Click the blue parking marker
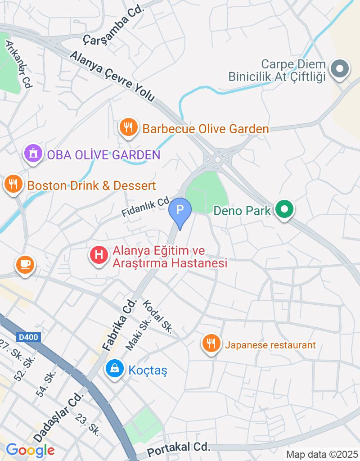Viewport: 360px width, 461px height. (x=180, y=210)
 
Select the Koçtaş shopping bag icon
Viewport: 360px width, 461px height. (x=115, y=369)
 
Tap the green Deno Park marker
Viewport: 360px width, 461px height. (x=284, y=209)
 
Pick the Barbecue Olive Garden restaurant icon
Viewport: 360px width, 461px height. (x=129, y=128)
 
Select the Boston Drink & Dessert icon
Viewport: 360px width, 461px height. (x=14, y=184)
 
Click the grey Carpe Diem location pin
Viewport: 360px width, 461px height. (x=340, y=69)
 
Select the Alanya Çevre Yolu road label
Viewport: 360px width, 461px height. (x=112, y=77)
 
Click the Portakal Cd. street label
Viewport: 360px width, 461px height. (x=179, y=448)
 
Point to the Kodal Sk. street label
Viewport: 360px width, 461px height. (x=157, y=316)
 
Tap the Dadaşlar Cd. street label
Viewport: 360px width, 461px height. (x=58, y=417)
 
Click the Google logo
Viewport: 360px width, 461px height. (x=30, y=450)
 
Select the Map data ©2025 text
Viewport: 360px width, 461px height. (x=322, y=455)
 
